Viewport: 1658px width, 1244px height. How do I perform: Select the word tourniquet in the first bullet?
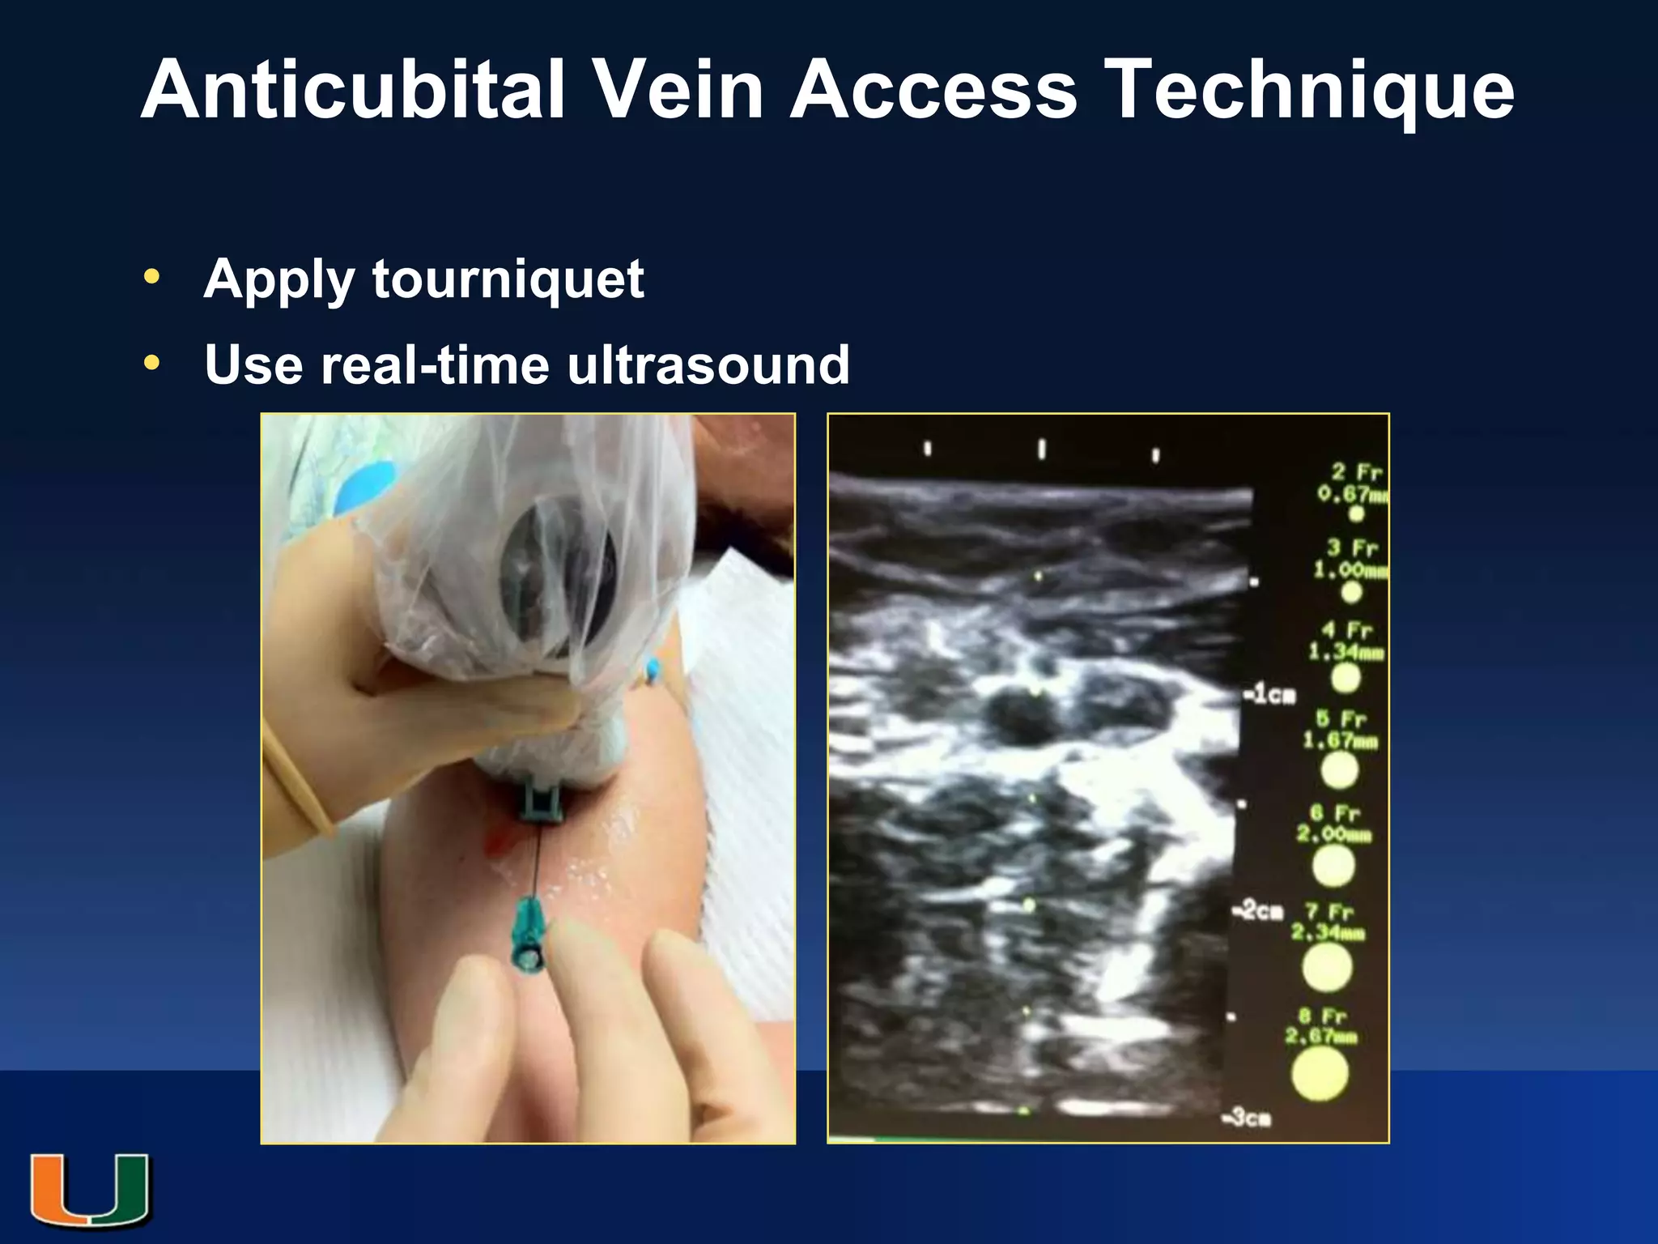click(x=508, y=279)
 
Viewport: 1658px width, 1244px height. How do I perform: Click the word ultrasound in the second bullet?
click(x=708, y=364)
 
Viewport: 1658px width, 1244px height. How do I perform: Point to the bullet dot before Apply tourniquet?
click(x=151, y=277)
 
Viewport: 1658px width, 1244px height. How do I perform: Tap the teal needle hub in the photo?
click(x=529, y=939)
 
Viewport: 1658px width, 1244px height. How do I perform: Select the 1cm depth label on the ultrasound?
click(x=1271, y=695)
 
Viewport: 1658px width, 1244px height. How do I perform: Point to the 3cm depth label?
click(x=1248, y=1118)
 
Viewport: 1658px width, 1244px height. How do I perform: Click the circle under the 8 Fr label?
click(x=1320, y=1074)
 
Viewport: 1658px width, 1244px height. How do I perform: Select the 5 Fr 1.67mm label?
click(x=1340, y=729)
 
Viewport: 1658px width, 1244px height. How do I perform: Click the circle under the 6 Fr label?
click(x=1333, y=866)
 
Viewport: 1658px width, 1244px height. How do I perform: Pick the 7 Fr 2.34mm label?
click(x=1328, y=922)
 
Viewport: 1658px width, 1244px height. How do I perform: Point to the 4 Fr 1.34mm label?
click(x=1346, y=641)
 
